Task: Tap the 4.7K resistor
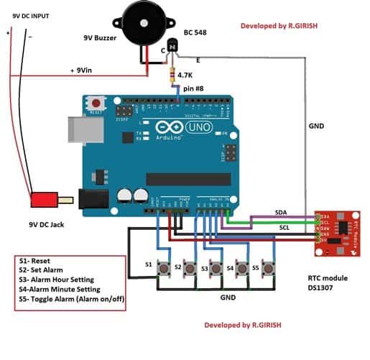tap(171, 75)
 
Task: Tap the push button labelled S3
tap(214, 267)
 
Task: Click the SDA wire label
tap(282, 213)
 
